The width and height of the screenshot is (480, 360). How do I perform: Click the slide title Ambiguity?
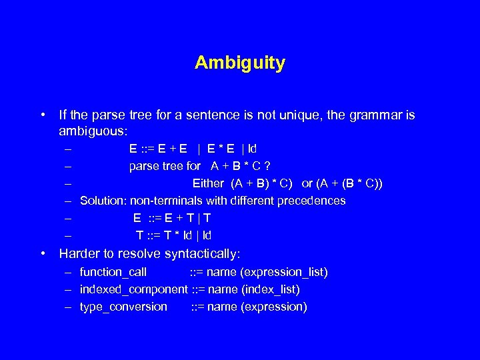point(240,63)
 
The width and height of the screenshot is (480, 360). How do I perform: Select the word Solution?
point(103,201)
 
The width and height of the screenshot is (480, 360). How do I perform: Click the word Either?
point(209,183)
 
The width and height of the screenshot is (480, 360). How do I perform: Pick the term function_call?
point(113,272)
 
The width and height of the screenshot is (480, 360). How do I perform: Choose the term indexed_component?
point(133,289)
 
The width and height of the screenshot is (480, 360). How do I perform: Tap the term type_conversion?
point(123,307)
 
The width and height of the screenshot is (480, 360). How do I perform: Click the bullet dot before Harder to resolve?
point(43,253)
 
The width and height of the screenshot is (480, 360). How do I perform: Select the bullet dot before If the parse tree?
point(43,115)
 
